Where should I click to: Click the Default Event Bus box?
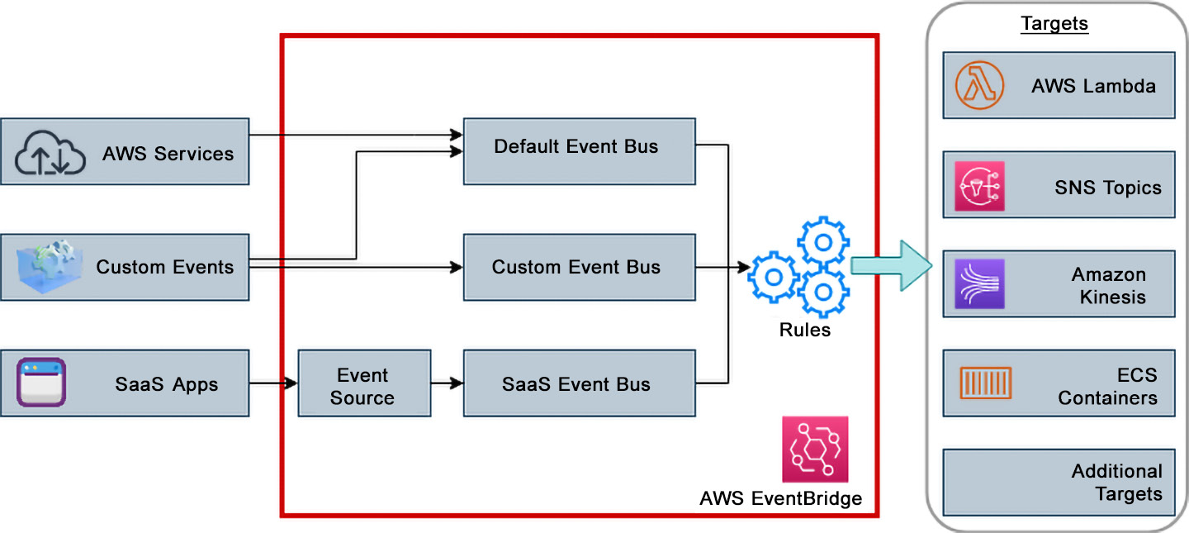[579, 151]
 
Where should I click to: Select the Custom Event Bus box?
[579, 267]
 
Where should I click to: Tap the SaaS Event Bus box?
[579, 383]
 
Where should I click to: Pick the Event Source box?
[364, 383]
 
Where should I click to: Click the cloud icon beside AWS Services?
[50, 153]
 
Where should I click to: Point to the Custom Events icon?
[50, 267]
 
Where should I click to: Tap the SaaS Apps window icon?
[41, 382]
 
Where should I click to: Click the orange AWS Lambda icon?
[979, 85]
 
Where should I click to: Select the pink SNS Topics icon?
[979, 186]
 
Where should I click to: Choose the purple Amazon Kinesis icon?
[979, 283]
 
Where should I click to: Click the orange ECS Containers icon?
[986, 383]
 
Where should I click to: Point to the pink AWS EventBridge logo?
[815, 449]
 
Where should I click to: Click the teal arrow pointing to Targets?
[892, 266]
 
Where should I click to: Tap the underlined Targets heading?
[1054, 23]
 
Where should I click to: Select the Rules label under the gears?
[805, 330]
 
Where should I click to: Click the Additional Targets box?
[1059, 483]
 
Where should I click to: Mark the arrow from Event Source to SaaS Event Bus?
[447, 383]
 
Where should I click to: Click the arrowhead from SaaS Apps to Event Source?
[291, 383]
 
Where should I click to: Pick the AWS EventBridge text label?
[781, 498]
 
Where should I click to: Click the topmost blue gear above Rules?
[823, 242]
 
